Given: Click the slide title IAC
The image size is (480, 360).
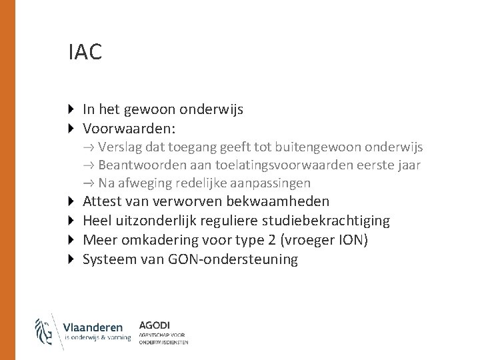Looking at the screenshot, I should (x=85, y=53).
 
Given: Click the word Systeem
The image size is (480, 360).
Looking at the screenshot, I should (x=109, y=259).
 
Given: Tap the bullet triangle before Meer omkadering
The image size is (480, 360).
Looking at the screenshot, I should (x=73, y=240).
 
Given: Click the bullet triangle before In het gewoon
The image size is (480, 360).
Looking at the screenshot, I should (x=73, y=108).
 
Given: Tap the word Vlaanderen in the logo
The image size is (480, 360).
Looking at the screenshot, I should (x=93, y=327).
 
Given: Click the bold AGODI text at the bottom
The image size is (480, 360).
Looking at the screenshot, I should (x=155, y=325).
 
